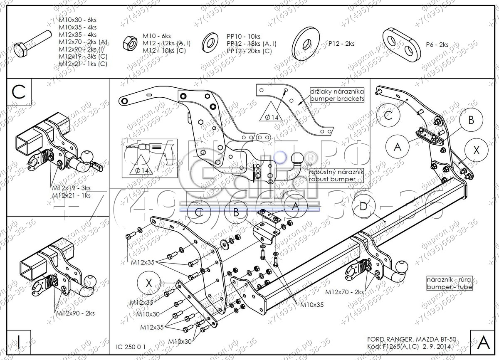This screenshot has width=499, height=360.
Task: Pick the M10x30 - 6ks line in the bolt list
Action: (77, 20)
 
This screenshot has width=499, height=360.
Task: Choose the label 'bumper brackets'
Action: (337, 99)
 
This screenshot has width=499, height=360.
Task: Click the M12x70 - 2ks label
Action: (344, 292)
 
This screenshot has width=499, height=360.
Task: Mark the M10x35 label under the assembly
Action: (312, 304)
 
